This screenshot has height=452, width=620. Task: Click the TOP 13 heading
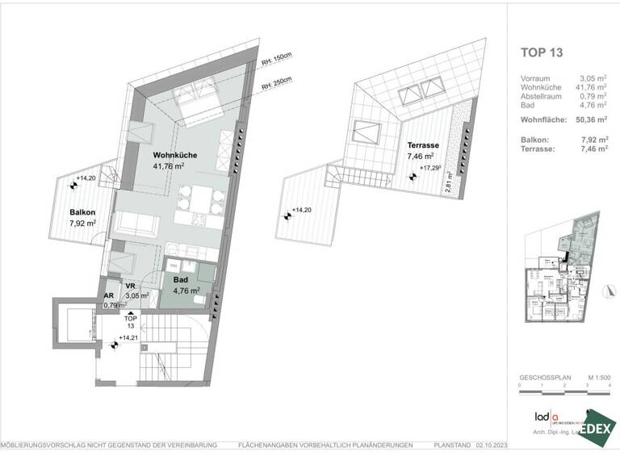click(542, 54)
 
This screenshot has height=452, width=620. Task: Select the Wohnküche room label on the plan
click(175, 155)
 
